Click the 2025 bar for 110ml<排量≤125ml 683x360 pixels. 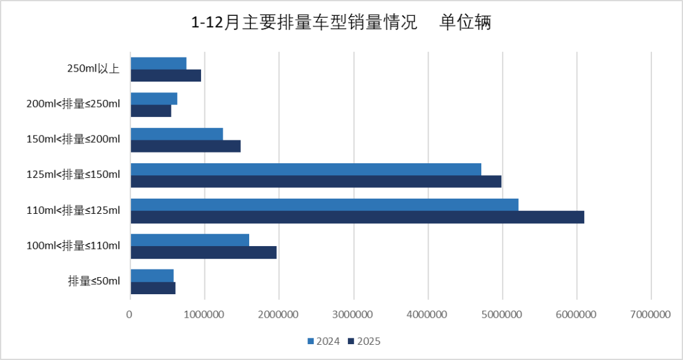(x=357, y=217)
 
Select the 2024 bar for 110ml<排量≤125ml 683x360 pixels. (x=324, y=204)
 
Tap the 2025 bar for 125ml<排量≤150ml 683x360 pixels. (x=316, y=182)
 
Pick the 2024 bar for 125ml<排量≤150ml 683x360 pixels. (x=305, y=169)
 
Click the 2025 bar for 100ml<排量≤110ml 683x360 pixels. (x=203, y=252)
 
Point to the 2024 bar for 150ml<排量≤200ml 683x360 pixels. (x=176, y=133)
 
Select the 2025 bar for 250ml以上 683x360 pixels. (x=166, y=75)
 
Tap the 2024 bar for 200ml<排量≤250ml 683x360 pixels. (x=154, y=98)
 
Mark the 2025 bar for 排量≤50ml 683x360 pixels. (x=152, y=288)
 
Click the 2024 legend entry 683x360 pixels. (x=324, y=342)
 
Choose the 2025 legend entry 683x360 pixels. (x=364, y=342)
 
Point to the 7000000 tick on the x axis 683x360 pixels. (x=651, y=314)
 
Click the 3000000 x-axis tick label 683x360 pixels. (x=354, y=314)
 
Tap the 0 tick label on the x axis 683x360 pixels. (x=130, y=314)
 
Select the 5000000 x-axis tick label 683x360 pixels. (x=502, y=314)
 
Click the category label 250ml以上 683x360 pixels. (x=94, y=69)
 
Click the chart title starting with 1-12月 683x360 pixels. (x=304, y=23)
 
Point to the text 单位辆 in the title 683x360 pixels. (x=466, y=23)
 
